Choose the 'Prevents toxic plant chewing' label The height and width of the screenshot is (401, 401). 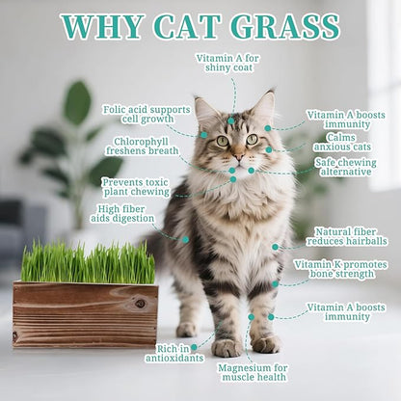[x=136, y=186]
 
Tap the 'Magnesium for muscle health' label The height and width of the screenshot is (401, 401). [x=253, y=373]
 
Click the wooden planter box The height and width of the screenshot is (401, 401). [x=85, y=314]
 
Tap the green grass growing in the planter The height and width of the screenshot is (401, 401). [x=87, y=262]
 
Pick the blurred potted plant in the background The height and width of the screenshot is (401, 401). [x=72, y=145]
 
